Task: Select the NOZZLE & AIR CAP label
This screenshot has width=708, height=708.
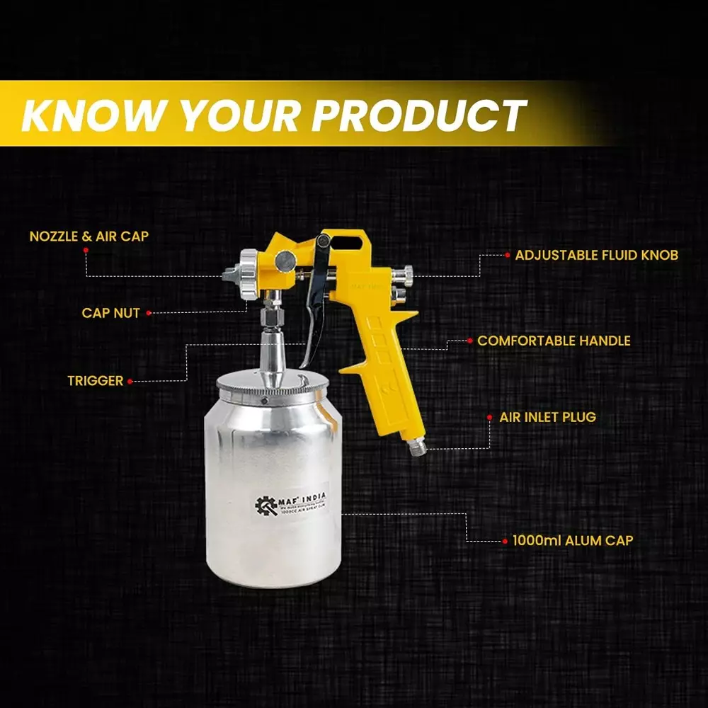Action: pyautogui.click(x=89, y=236)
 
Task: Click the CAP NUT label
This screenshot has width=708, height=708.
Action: pyautogui.click(x=110, y=312)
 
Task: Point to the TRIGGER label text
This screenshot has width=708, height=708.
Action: pyautogui.click(x=95, y=381)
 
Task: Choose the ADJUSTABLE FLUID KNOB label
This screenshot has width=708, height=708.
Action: pyautogui.click(x=596, y=255)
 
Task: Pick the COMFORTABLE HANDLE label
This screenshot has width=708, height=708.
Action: pyautogui.click(x=554, y=341)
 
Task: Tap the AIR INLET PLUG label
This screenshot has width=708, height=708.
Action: pyautogui.click(x=547, y=417)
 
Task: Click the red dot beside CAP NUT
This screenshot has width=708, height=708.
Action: pyautogui.click(x=150, y=312)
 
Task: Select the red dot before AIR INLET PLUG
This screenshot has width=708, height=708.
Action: pyautogui.click(x=491, y=417)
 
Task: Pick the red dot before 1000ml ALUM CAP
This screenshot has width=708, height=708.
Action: pyautogui.click(x=506, y=541)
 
